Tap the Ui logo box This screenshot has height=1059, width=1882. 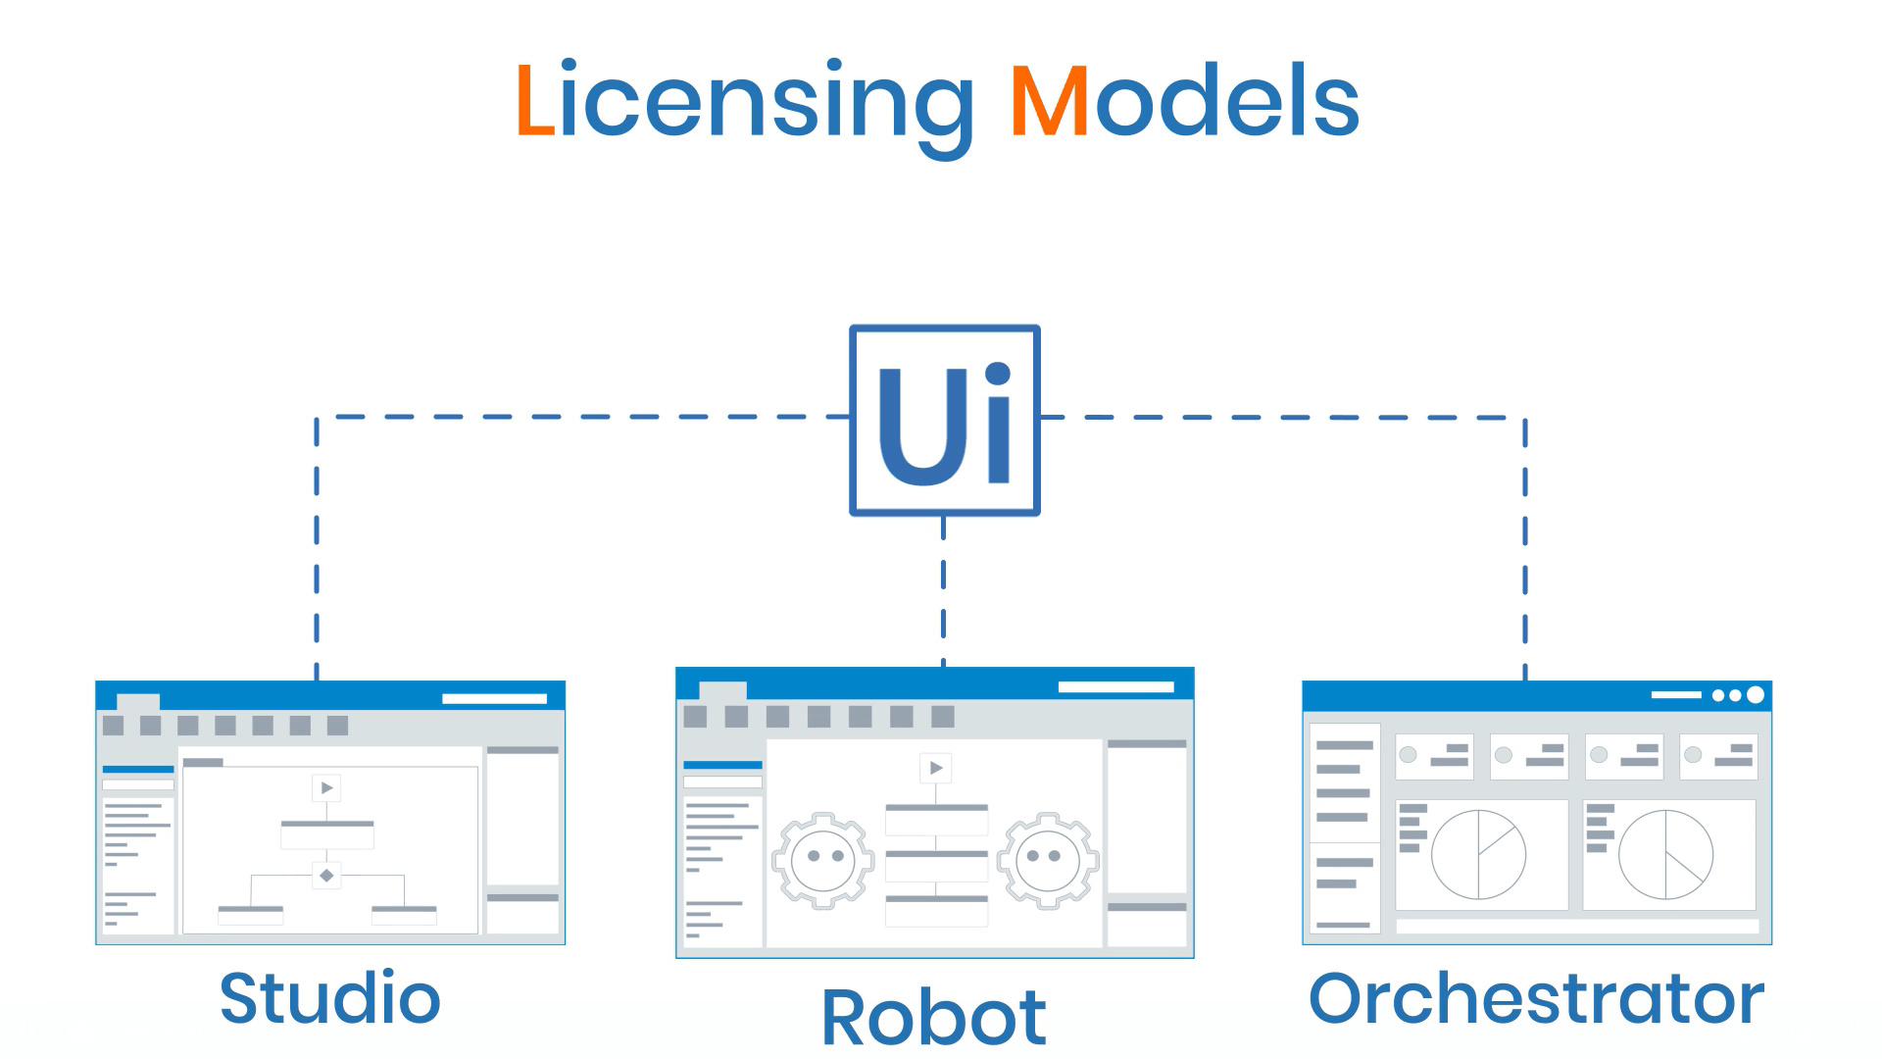pyautogui.click(x=944, y=420)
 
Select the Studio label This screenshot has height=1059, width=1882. pyautogui.click(x=330, y=998)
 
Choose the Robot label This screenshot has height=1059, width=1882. pyautogui.click(x=933, y=1018)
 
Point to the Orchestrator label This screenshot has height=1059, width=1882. pyautogui.click(x=1536, y=998)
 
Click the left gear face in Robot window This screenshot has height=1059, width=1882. pyautogui.click(x=823, y=860)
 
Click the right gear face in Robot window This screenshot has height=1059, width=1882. pyautogui.click(x=1047, y=860)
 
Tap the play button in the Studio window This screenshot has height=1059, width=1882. pyautogui.click(x=326, y=787)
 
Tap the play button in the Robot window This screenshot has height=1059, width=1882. pyautogui.click(x=936, y=768)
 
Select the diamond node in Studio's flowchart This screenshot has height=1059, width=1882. pyautogui.click(x=326, y=875)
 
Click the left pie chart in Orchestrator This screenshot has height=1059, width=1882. pyautogui.click(x=1478, y=854)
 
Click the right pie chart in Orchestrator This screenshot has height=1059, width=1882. pyautogui.click(x=1665, y=854)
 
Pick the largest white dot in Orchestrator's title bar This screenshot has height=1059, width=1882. pyautogui.click(x=1756, y=695)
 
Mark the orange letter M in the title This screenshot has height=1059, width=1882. pyautogui.click(x=1049, y=100)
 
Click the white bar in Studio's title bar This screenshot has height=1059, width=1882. pyautogui.click(x=494, y=699)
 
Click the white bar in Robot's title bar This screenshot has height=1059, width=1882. pyautogui.click(x=1115, y=687)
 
